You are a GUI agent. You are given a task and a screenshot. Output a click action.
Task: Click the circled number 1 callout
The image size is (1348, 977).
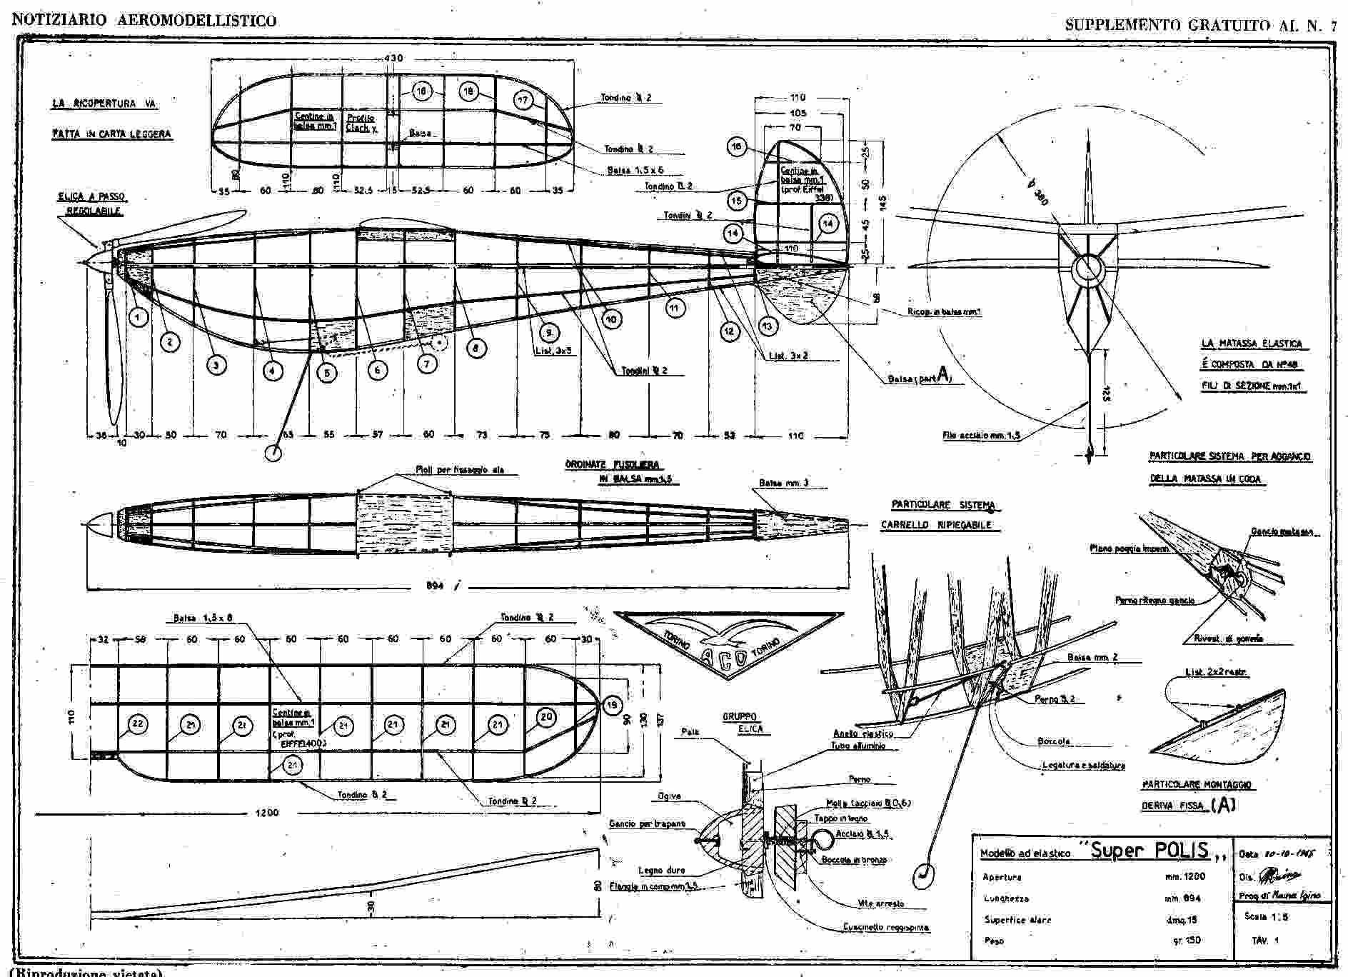[139, 316]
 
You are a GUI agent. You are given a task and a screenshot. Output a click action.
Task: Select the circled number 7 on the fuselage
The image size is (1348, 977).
[427, 364]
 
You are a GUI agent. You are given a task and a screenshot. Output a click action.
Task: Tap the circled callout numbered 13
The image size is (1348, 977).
[768, 326]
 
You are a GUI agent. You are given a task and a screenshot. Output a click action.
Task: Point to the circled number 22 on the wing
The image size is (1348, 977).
[137, 724]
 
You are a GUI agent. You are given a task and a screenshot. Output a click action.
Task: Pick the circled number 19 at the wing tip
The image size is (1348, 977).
[612, 706]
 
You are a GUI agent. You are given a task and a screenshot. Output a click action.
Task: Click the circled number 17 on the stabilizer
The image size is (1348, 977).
[523, 100]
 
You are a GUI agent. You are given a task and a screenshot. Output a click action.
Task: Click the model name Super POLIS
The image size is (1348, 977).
[1150, 850]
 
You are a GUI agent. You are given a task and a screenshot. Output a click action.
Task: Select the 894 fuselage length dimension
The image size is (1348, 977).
[435, 586]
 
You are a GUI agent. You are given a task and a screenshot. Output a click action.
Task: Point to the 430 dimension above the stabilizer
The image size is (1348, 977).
[393, 58]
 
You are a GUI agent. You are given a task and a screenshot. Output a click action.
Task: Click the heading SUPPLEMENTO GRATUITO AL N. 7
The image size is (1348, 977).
[1200, 25]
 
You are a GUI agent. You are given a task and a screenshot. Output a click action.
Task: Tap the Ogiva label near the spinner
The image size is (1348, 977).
[669, 796]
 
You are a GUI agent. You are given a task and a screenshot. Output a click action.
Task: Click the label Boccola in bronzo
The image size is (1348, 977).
[854, 860]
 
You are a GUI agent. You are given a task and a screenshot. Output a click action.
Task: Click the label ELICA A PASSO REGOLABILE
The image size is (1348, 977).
[92, 204]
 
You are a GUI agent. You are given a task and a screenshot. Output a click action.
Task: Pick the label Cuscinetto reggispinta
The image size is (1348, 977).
[886, 928]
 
